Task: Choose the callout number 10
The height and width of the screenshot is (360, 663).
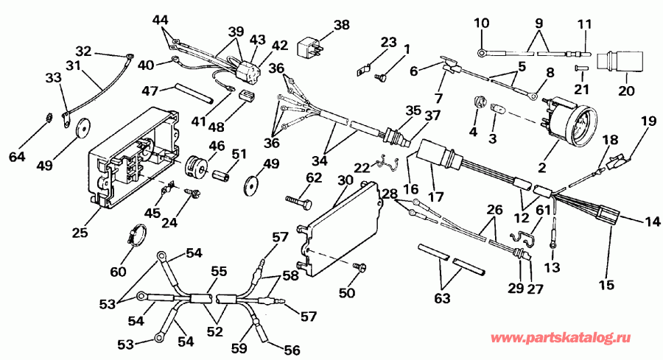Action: pyautogui.click(x=480, y=23)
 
